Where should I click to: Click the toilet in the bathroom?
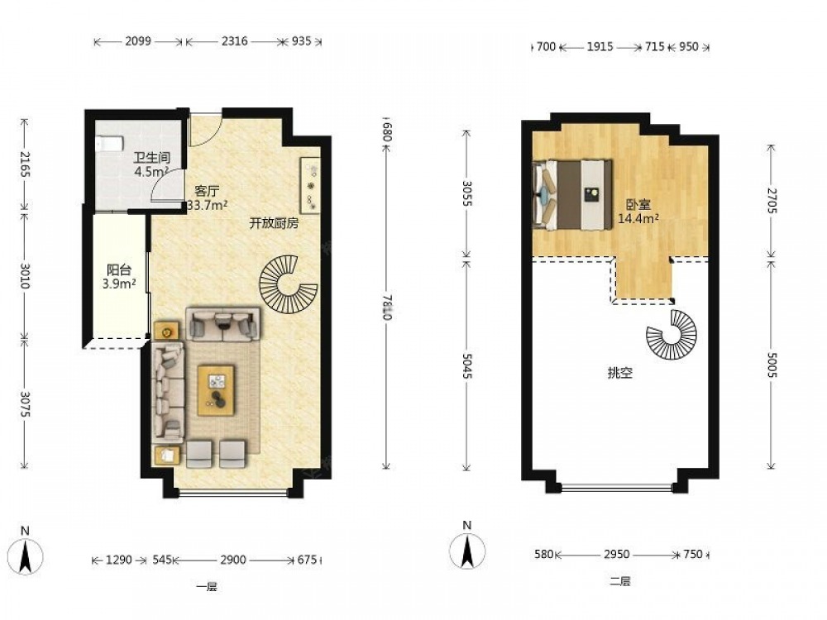110,143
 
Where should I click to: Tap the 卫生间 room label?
151,158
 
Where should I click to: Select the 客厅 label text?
206,191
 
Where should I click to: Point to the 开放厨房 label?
274,223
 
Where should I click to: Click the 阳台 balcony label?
119,270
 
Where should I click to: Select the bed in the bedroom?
573,195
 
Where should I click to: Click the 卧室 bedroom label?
638,204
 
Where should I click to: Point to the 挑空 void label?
619,374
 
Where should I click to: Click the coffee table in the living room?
216,390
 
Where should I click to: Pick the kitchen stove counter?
309,185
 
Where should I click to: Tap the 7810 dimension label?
386,307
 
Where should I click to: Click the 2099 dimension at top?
138,41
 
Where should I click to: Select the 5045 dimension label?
466,365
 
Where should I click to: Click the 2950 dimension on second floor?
617,554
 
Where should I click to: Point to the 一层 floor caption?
207,587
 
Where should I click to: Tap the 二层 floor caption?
620,581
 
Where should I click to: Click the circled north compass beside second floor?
467,550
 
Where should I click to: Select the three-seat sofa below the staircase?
223,324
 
